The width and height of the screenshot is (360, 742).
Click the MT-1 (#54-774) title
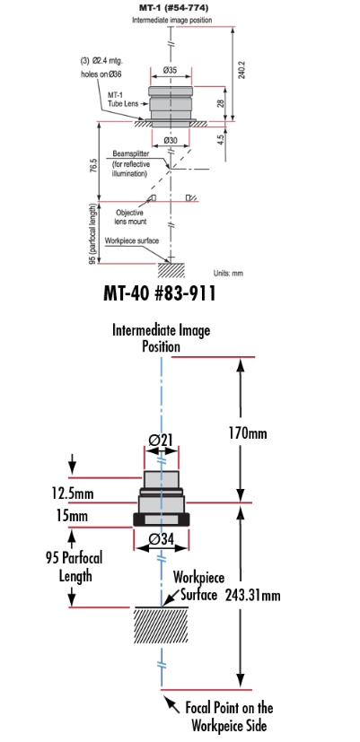(173, 8)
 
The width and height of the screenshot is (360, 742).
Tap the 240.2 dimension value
(241, 69)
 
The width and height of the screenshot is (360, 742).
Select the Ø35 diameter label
(170, 70)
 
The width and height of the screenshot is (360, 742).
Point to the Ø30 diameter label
(171, 140)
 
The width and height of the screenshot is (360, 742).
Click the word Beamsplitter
(131, 154)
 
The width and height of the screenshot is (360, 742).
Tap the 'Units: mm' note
(228, 273)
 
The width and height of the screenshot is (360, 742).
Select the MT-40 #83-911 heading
(160, 293)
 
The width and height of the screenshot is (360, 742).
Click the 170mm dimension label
(247, 432)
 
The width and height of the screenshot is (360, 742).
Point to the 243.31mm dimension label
(252, 594)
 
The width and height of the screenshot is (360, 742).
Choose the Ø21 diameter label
(161, 440)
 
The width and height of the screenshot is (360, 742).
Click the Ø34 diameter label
(161, 538)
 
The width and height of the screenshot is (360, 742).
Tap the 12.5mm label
(73, 493)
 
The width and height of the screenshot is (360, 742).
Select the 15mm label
(69, 515)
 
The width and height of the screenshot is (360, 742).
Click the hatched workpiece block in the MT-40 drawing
(162, 625)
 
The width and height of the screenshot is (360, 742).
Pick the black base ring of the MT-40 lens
(161, 519)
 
